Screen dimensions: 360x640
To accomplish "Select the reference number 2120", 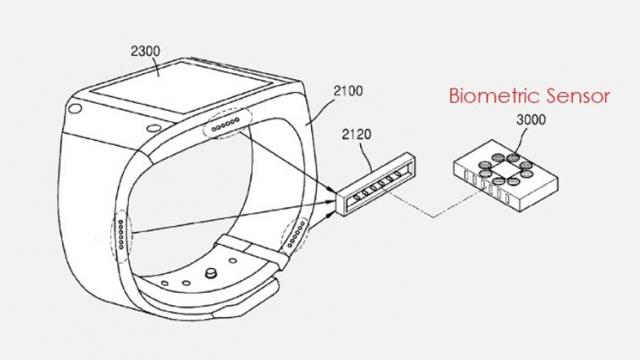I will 358,130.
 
